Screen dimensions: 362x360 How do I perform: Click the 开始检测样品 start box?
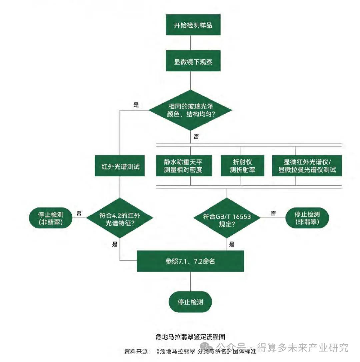tap(193, 25)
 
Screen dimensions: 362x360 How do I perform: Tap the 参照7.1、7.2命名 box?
tap(190, 261)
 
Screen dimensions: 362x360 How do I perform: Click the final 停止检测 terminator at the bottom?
tap(190, 302)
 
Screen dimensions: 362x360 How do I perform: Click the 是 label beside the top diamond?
tap(136, 105)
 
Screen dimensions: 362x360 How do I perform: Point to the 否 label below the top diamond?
tap(196, 136)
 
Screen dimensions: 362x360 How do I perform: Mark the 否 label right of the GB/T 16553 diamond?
tap(273, 213)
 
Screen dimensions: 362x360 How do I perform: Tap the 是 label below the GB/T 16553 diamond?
tap(232, 244)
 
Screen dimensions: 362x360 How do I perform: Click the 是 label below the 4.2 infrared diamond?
tap(115, 244)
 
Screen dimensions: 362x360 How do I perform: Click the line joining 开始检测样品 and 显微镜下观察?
tap(190, 43)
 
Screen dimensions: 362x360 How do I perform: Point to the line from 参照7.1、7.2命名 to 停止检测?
tap(190, 281)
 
